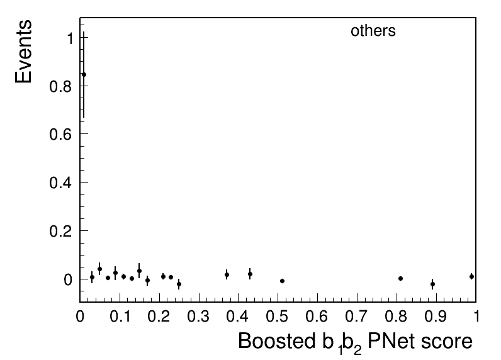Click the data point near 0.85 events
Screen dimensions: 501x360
point(84,75)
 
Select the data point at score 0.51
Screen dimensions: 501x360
point(282,281)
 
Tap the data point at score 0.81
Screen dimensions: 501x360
point(401,279)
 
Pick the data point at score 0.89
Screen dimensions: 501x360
point(432,284)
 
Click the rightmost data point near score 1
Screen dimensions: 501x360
point(471,277)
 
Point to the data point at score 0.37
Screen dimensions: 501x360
point(227,274)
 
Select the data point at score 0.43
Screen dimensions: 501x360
point(250,274)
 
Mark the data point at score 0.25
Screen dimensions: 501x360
point(179,284)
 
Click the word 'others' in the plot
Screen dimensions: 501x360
point(373,31)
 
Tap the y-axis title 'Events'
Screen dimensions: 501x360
point(24,52)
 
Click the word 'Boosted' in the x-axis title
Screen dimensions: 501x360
point(277,341)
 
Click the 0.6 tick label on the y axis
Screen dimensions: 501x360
point(60,134)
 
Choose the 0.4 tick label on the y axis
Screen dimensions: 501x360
point(60,183)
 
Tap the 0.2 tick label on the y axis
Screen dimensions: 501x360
point(60,231)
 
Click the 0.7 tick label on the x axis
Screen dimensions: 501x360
point(357,317)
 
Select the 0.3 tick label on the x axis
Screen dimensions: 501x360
point(198,317)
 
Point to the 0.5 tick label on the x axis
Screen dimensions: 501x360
point(278,317)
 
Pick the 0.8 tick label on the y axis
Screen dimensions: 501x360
point(60,86)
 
